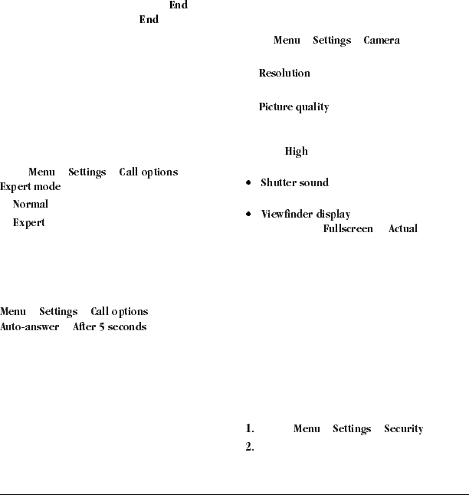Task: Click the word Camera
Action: click(381, 41)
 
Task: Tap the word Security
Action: click(403, 429)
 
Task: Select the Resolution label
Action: click(284, 74)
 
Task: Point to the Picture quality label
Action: click(294, 107)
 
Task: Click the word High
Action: click(296, 152)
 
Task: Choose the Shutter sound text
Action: click(294, 183)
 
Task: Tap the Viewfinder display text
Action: click(306, 215)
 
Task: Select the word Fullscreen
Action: click(348, 229)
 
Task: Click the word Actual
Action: click(403, 229)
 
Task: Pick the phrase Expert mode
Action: click(31, 187)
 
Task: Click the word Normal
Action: click(31, 205)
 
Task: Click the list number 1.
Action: click(250, 429)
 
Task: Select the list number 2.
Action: click(250, 447)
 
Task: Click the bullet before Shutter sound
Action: click(248, 184)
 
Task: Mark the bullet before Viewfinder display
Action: click(248, 215)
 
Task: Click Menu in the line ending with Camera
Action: click(287, 41)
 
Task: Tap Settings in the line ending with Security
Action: click(352, 429)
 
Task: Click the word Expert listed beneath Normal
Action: click(28, 223)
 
